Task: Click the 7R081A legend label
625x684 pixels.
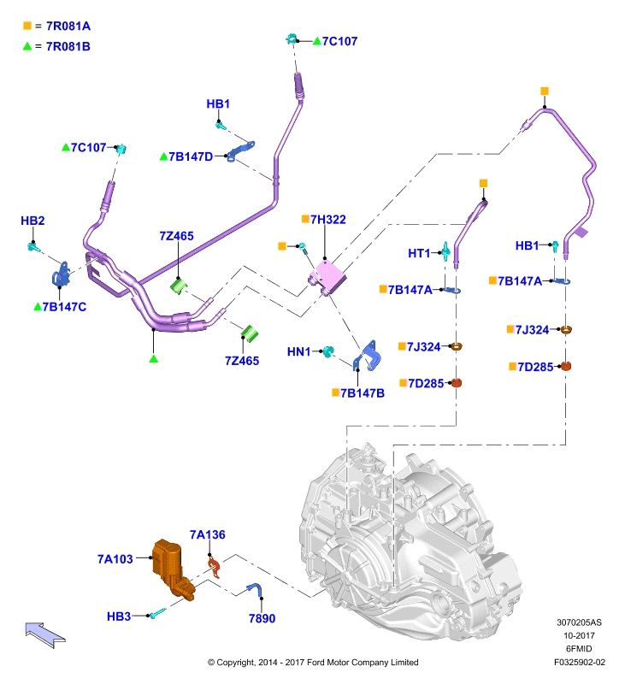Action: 68,27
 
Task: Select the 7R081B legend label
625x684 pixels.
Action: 68,46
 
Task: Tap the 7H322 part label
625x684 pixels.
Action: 328,220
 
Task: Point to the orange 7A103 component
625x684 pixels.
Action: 171,568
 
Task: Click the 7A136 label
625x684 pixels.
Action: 208,535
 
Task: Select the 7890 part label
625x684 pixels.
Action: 262,618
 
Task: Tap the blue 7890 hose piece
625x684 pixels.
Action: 255,589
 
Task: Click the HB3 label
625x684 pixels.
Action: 119,616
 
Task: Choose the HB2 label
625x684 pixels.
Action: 32,221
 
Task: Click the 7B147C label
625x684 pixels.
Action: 64,307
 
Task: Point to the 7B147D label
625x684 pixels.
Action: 191,156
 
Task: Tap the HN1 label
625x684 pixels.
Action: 298,351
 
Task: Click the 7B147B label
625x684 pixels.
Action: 363,393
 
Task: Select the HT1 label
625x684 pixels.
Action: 419,253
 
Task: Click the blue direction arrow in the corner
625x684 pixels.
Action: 45,634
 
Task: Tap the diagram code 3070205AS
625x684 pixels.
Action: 579,622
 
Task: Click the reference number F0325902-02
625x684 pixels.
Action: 580,662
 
